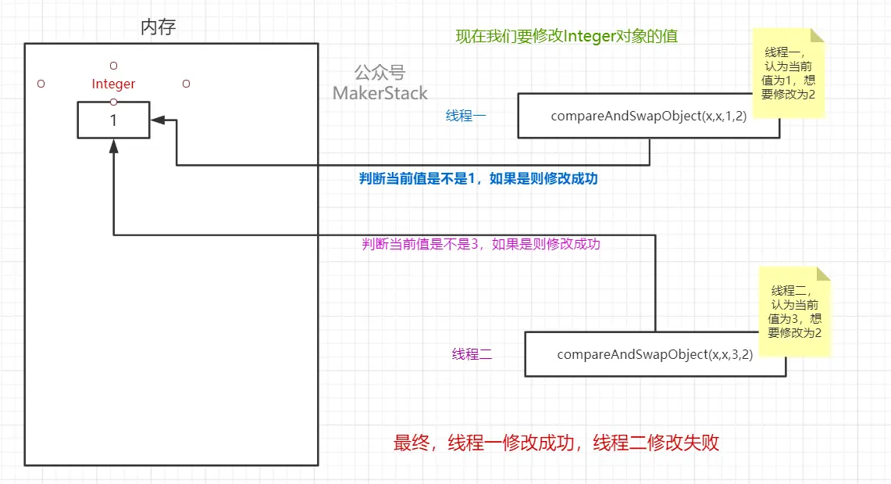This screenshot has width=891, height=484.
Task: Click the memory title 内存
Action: click(x=159, y=27)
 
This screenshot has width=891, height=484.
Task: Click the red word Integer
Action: click(x=113, y=84)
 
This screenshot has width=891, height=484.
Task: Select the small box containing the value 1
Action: click(x=113, y=120)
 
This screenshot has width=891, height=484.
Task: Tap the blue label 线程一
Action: click(x=465, y=117)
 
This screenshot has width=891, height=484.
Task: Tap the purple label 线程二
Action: click(x=472, y=354)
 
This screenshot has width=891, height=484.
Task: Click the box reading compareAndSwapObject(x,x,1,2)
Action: click(x=648, y=116)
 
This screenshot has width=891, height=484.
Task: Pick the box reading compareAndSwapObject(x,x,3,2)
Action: click(x=654, y=354)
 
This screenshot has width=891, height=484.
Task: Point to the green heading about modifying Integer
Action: click(x=572, y=36)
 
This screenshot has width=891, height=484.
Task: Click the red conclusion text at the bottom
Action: click(x=556, y=443)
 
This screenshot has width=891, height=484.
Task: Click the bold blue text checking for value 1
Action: click(x=478, y=178)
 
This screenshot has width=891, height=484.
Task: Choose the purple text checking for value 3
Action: click(x=481, y=243)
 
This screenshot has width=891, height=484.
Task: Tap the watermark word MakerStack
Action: click(x=380, y=93)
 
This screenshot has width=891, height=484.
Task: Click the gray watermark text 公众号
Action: click(x=380, y=73)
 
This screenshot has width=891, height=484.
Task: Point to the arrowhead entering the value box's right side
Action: click(x=156, y=120)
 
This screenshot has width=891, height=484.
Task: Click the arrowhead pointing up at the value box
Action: click(x=114, y=145)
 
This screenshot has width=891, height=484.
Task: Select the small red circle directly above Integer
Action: click(x=113, y=65)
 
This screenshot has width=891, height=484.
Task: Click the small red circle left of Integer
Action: click(x=41, y=83)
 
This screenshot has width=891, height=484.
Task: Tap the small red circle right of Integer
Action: click(x=186, y=83)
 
